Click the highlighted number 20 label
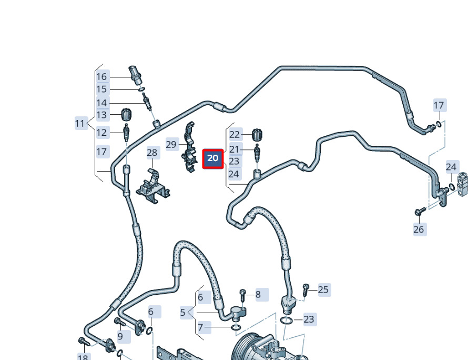pyautogui.click(x=213, y=158)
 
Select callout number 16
pyautogui.click(x=101, y=77)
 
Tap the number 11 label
pyautogui.click(x=80, y=124)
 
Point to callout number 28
pyautogui.click(x=152, y=153)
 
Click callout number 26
pyautogui.click(x=419, y=229)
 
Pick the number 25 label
pyautogui.click(x=323, y=289)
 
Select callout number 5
pyautogui.click(x=182, y=313)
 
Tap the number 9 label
pyautogui.click(x=120, y=336)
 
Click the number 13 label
pyautogui.click(x=101, y=115)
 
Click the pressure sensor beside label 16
pyautogui.click(x=135, y=75)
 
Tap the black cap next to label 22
pyautogui.click(x=257, y=134)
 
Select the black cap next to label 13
pyautogui.click(x=126, y=114)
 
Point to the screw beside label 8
pyautogui.click(x=242, y=294)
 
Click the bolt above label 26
pyautogui.click(x=419, y=212)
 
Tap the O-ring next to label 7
pyautogui.click(x=236, y=328)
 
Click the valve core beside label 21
pyautogui.click(x=257, y=153)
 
